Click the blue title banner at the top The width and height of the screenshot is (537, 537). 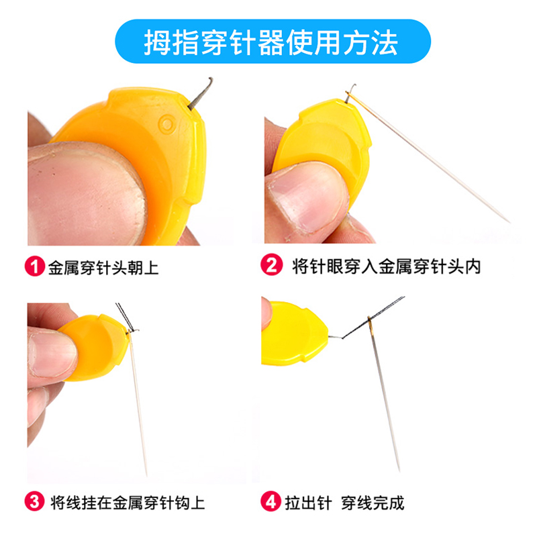273,42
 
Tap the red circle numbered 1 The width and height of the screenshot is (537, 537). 35,266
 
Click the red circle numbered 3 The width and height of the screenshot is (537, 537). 35,501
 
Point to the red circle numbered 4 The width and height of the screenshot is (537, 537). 271,501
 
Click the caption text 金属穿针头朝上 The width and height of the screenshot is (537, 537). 103,267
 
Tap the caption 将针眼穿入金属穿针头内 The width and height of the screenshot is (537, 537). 387,266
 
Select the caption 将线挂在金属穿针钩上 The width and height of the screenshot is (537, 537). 128,503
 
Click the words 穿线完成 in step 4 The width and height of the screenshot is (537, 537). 373,503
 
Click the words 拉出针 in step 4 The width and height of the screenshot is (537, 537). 308,503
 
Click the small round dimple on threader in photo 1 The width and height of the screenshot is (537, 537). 167,124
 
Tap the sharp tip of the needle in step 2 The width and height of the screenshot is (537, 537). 510,222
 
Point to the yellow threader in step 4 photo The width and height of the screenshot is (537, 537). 293,333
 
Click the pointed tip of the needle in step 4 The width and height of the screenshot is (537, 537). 399,471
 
